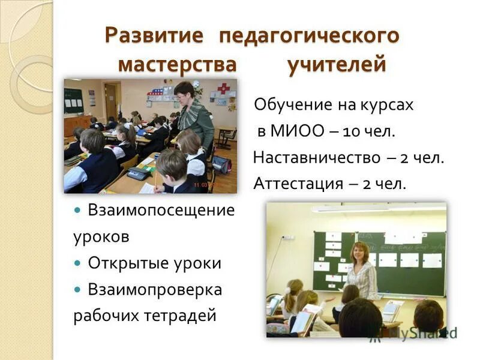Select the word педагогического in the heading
pos(308,35)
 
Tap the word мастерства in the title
pos(178,64)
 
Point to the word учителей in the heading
pos(336,64)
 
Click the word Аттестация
pos(298,184)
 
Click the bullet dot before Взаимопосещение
pos(78,211)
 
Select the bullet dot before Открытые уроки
pos(78,263)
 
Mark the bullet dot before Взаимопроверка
pos(78,290)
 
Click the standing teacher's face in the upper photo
pos(184,91)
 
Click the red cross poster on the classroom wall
pos(223,89)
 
